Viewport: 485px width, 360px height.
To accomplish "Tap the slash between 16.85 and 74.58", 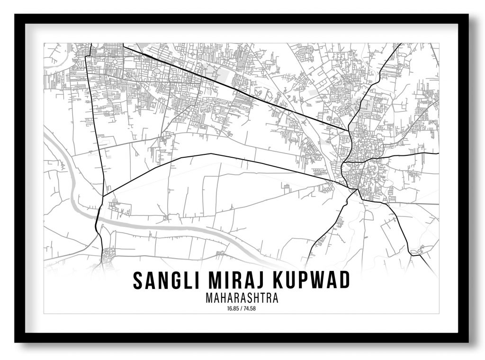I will pyautogui.click(x=242, y=309).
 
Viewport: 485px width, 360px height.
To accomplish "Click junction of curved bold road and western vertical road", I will pyautogui.click(x=103, y=195).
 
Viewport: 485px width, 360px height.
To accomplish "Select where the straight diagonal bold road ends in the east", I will pyautogui.click(x=348, y=130).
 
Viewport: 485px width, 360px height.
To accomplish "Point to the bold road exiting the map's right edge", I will pyautogui.click(x=438, y=153).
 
